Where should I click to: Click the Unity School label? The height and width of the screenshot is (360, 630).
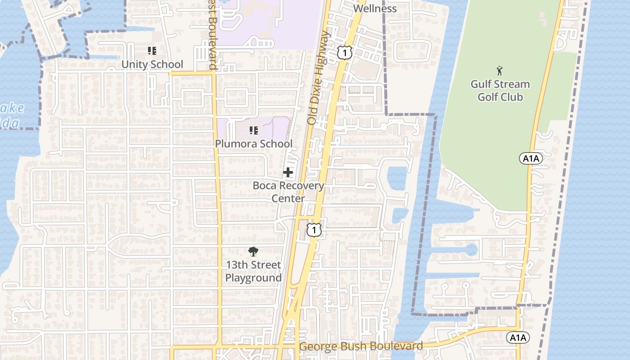click(152, 64)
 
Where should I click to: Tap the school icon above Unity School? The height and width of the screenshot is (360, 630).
click(152, 51)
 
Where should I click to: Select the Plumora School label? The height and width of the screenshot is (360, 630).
click(254, 144)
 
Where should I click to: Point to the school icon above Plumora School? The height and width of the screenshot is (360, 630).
click(254, 130)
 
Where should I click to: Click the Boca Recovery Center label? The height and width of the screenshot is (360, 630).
click(288, 192)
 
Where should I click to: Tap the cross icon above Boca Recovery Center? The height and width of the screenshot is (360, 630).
click(288, 172)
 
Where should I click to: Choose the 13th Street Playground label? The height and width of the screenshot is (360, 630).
click(253, 271)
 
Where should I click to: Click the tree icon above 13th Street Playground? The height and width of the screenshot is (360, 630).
click(253, 252)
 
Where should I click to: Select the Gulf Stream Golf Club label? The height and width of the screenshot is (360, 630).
click(500, 90)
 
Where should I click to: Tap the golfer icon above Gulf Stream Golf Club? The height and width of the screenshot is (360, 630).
click(499, 71)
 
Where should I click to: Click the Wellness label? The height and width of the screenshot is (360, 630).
click(375, 9)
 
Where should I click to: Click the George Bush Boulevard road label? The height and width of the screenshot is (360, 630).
click(361, 346)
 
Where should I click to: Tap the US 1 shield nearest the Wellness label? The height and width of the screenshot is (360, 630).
click(344, 53)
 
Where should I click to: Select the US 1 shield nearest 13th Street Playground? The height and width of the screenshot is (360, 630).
click(314, 230)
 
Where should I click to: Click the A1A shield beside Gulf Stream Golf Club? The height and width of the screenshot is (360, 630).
click(531, 158)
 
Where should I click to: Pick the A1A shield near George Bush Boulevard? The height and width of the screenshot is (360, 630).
click(518, 337)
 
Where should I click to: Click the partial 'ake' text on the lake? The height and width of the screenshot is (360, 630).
click(13, 108)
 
